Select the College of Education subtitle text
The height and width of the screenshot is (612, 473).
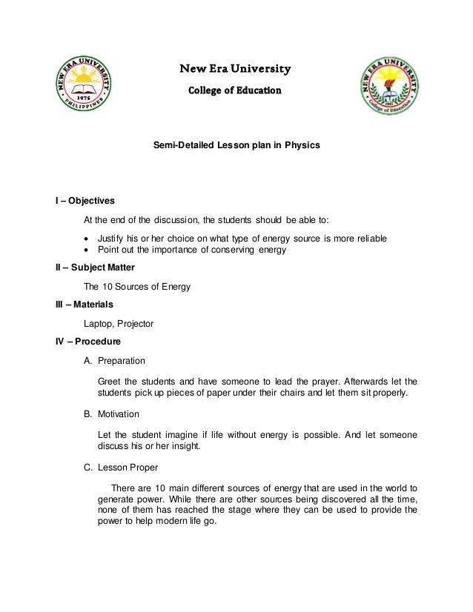234,91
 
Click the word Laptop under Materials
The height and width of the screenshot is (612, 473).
100,324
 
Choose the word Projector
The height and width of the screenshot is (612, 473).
137,324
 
